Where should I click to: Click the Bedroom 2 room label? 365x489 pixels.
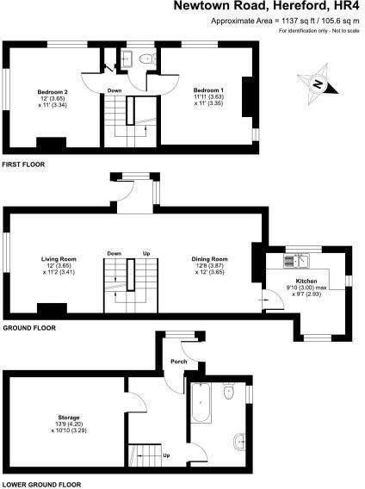click(52, 90)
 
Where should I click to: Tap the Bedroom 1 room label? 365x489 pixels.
click(207, 90)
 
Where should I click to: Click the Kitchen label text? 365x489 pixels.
click(306, 282)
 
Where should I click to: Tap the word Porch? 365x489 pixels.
click(178, 361)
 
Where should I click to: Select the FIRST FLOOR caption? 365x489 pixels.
click(23, 164)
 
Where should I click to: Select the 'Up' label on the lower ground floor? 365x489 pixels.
click(165, 455)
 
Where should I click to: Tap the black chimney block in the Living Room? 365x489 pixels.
click(52, 308)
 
